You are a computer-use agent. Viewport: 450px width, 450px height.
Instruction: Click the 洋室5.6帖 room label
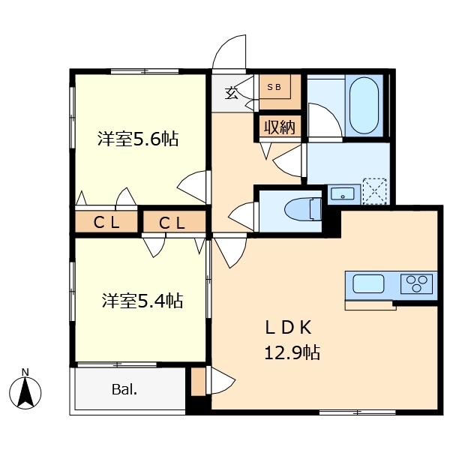[x=138, y=139]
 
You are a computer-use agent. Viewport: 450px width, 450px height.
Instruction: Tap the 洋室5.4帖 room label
[x=142, y=301]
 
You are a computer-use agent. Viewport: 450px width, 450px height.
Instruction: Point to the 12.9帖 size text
[x=292, y=352]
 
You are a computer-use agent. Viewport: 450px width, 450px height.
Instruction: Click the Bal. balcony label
[x=124, y=389]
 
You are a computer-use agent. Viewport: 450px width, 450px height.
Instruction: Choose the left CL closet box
[x=106, y=222]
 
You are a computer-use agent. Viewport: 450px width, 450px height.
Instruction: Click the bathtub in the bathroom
[x=364, y=105]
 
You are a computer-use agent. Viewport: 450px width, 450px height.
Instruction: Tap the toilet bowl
[x=302, y=209]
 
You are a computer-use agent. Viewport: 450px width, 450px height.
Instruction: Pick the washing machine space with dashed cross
[x=375, y=191]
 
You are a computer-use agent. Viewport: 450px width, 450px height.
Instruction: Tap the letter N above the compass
[x=25, y=372]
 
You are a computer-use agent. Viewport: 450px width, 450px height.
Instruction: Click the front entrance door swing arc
[x=227, y=52]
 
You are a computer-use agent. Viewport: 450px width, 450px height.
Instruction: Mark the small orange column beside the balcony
[x=197, y=381]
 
